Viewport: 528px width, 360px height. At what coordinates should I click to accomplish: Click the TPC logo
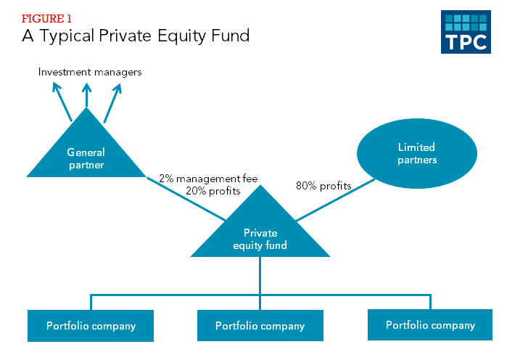tap(466, 32)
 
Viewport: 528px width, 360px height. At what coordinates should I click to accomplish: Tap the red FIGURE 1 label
tap(46, 19)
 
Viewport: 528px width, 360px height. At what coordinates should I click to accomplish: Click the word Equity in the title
tap(181, 36)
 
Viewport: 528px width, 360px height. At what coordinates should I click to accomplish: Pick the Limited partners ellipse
tap(417, 153)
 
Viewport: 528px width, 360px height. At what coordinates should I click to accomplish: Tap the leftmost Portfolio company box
tap(91, 326)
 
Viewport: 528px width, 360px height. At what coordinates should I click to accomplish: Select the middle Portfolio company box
tap(260, 326)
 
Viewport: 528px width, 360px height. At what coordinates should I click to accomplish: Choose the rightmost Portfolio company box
tap(430, 325)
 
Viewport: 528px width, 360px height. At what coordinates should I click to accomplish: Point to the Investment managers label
tap(90, 72)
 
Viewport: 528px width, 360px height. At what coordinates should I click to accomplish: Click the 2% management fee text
tap(208, 179)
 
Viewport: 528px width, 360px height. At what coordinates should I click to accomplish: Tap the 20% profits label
tap(213, 191)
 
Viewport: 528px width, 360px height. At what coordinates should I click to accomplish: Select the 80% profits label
tap(323, 186)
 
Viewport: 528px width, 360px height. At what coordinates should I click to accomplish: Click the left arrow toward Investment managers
tap(62, 102)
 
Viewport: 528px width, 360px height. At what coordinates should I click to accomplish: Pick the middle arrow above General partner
tap(86, 95)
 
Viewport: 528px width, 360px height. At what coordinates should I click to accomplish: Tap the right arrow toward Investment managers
tap(112, 103)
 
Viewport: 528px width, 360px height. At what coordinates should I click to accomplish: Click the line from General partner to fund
tap(186, 199)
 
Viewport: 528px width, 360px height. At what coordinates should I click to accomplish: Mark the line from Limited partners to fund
tap(335, 200)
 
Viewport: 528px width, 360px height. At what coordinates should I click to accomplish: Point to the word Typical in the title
tap(67, 36)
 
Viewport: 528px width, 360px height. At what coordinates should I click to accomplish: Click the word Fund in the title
tap(231, 36)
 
